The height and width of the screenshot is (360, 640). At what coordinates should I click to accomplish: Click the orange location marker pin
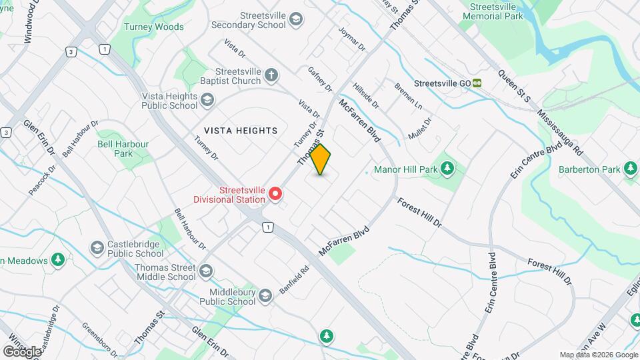point(321,159)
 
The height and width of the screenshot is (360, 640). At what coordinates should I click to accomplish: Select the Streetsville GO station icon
point(477,83)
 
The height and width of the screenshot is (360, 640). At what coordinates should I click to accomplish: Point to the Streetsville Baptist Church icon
point(271,75)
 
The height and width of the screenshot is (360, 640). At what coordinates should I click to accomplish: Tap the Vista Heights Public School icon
point(207,100)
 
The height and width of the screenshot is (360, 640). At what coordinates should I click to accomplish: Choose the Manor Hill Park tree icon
point(449,169)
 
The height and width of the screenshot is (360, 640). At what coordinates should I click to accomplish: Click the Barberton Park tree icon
point(631,169)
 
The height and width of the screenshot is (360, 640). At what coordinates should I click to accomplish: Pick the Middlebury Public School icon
point(265,296)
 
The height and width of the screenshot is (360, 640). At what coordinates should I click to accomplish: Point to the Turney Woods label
point(153,27)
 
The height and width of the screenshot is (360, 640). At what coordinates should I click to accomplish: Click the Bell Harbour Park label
point(123,148)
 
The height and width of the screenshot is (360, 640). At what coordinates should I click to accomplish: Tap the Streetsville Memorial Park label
point(493,10)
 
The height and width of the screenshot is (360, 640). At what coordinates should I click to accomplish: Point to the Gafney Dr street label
point(320,79)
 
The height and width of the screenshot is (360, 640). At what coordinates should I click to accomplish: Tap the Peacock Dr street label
point(39,181)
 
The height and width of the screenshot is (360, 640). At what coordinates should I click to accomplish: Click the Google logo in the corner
point(22,351)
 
